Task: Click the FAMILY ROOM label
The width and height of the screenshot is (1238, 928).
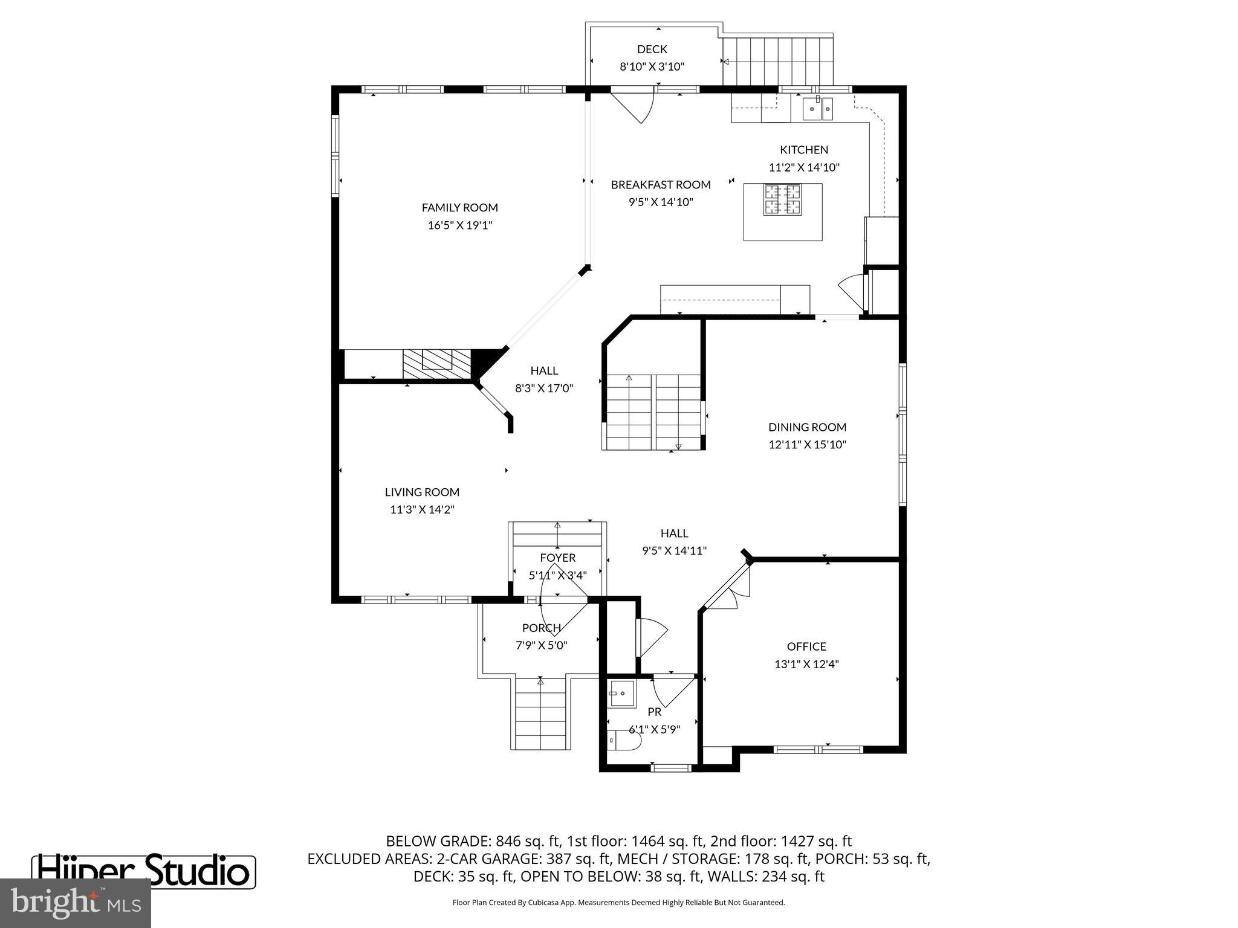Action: [x=459, y=208]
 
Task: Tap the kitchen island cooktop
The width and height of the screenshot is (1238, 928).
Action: [x=782, y=200]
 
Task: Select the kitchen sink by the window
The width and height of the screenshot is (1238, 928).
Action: [x=817, y=109]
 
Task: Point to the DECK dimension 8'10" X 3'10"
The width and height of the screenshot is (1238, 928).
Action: [x=652, y=66]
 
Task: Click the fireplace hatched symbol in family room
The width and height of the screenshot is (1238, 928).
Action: [x=436, y=364]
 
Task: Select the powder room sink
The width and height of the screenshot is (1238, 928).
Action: [x=621, y=694]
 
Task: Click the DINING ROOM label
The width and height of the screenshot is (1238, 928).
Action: [x=807, y=427]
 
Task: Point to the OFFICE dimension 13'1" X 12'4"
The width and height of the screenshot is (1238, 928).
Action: [x=806, y=664]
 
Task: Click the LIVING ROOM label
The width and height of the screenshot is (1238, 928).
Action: [x=422, y=492]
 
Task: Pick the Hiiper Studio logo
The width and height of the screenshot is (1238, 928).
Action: [x=144, y=871]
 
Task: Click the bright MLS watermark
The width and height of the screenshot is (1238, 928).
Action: [x=75, y=903]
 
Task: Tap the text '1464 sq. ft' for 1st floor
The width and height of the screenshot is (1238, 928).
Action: [x=667, y=841]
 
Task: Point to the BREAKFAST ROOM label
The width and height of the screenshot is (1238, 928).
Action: [x=660, y=185]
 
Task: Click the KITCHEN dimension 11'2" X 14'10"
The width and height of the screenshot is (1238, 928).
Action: [x=804, y=167]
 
